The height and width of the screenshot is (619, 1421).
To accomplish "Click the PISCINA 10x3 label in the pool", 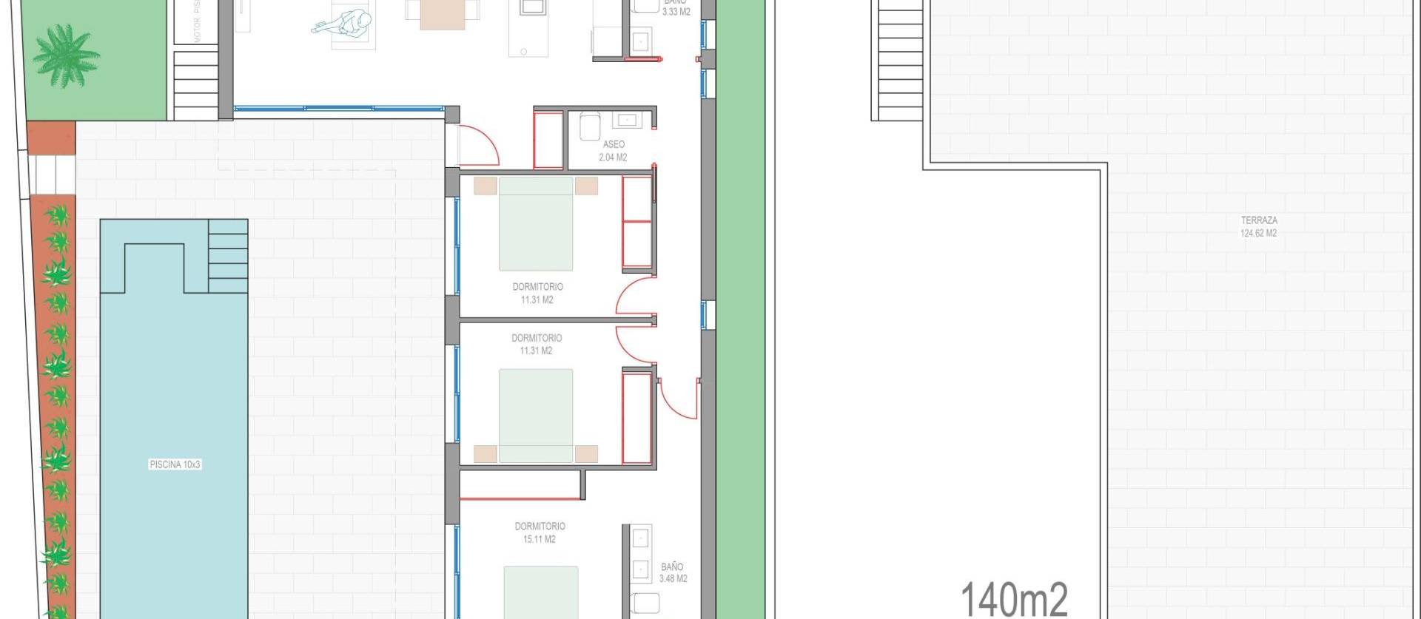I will click(175, 464).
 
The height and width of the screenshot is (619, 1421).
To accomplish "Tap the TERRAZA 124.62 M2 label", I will click(1258, 226).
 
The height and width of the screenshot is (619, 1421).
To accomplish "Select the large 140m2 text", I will click(1014, 598).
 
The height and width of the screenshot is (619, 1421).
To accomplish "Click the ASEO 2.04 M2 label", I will click(613, 151).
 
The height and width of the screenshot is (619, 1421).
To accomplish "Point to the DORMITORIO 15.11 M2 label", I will click(540, 532).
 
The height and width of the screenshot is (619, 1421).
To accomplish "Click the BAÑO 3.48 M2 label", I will click(673, 572).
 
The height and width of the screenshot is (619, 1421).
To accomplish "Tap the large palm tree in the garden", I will click(65, 57).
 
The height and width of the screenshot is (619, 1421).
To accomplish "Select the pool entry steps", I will click(228, 255).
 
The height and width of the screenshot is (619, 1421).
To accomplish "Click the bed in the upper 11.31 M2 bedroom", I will click(536, 224).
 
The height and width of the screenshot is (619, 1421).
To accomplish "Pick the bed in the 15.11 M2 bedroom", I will click(540, 592).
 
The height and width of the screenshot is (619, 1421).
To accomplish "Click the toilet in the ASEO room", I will click(590, 127).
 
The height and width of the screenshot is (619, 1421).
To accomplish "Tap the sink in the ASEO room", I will click(628, 119).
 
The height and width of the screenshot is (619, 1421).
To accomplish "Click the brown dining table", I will click(442, 14).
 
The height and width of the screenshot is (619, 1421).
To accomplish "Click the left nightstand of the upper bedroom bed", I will click(486, 186).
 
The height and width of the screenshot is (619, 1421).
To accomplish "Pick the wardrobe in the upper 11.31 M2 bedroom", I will click(636, 222).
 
